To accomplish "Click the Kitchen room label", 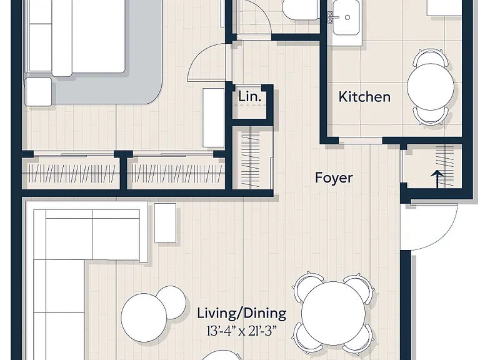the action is click(x=364, y=97).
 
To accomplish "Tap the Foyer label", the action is click(x=334, y=178).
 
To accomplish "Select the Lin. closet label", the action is click(x=250, y=97).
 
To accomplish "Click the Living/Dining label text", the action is click(x=241, y=314).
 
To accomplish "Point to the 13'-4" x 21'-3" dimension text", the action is click(x=241, y=331).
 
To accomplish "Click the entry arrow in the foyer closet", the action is click(x=437, y=179).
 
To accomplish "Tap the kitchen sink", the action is click(x=346, y=17).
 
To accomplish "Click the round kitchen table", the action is click(x=431, y=87).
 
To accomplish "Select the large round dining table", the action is click(x=333, y=313).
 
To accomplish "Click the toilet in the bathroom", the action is click(x=300, y=10).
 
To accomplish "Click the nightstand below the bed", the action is click(x=38, y=92).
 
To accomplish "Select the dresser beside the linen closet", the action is click(x=213, y=118).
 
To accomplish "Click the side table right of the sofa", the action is click(x=165, y=222).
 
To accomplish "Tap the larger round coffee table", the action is click(x=144, y=317).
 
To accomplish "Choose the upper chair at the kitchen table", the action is click(x=431, y=57).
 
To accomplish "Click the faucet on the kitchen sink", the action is click(x=331, y=17).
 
